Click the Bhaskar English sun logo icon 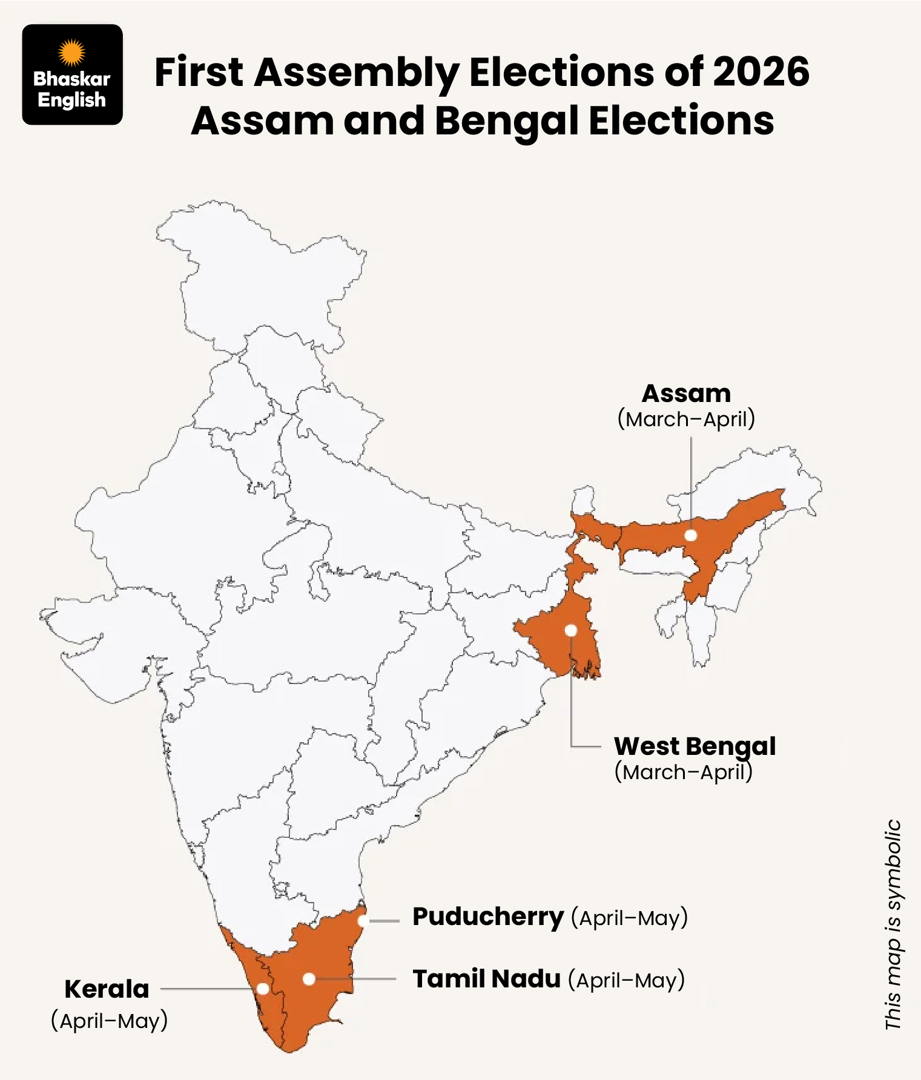pos(71,52)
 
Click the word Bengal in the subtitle pos(506,120)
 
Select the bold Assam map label pos(686,393)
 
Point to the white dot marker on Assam pos(690,535)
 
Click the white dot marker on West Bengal pos(570,630)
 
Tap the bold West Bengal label pos(695,746)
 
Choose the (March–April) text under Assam pos(686,419)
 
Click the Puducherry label pos(487,917)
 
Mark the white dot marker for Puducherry pos(363,921)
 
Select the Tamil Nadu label pos(486,979)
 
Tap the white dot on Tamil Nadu pos(309,979)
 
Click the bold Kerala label pos(107,989)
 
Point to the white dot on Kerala pos(263,989)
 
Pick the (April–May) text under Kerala pos(109,1021)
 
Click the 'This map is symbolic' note pos(893,924)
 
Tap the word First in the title pos(199,72)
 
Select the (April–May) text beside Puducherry pos(629,918)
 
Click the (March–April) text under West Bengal pos(683,772)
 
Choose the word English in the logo pos(71,100)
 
